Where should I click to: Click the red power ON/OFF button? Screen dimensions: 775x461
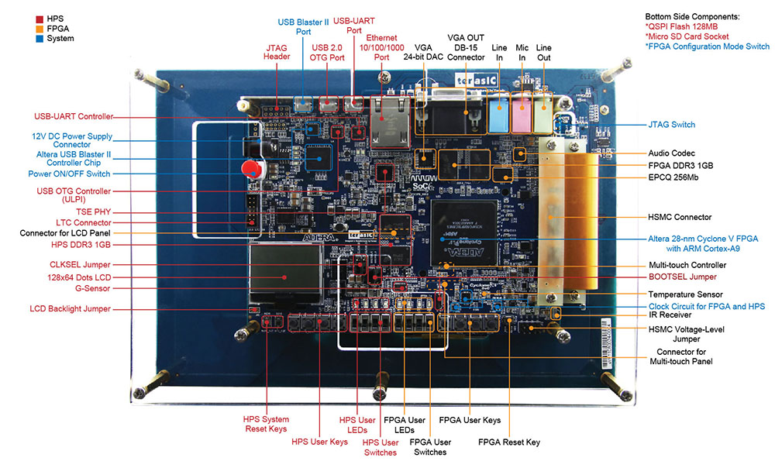[252, 168]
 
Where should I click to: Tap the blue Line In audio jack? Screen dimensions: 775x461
[498, 113]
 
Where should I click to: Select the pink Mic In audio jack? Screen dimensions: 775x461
[522, 113]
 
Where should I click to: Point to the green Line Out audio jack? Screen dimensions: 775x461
[542, 113]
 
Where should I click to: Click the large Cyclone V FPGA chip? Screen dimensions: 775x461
[463, 233]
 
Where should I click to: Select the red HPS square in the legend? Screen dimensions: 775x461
[40, 19]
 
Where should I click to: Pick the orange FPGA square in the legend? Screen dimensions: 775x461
[40, 29]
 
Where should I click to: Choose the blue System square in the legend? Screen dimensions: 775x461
[40, 39]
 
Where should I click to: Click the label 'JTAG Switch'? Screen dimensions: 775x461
[671, 125]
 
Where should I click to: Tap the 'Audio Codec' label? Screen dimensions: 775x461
[671, 153]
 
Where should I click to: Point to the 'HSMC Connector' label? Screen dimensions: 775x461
[680, 217]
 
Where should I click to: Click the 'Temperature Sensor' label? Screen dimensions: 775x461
[685, 294]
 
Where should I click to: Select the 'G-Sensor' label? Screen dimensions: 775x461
[92, 288]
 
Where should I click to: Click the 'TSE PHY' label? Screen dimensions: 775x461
[94, 212]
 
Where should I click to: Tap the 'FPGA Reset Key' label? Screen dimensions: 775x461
[508, 442]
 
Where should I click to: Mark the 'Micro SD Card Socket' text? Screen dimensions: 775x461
[687, 36]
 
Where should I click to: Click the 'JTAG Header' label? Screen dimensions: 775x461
[277, 52]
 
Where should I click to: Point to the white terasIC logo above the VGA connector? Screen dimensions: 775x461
[476, 80]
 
